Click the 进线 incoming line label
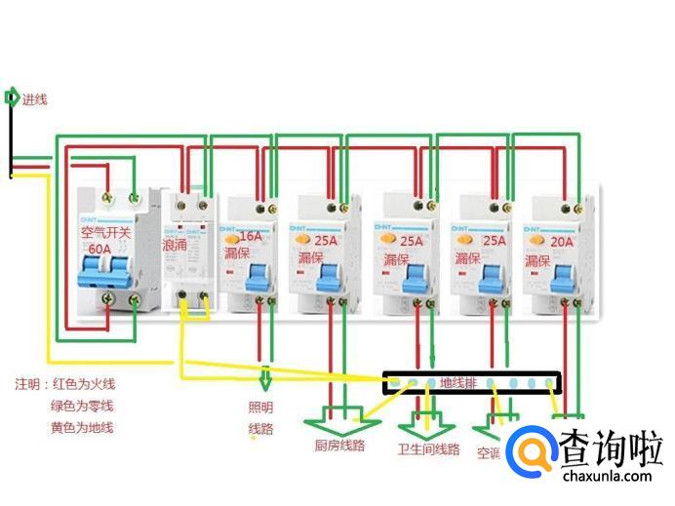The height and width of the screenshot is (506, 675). (x=35, y=98)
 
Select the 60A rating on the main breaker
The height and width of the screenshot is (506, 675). (x=101, y=251)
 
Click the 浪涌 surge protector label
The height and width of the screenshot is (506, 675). (x=176, y=244)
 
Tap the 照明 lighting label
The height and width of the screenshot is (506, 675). (x=261, y=407)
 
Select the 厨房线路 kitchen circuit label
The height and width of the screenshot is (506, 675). (x=339, y=447)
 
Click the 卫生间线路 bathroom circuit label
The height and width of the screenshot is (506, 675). (x=428, y=449)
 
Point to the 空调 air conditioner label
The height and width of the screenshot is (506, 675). (x=489, y=452)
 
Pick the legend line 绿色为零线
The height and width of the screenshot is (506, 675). (x=82, y=406)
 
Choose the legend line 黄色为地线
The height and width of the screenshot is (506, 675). (x=82, y=427)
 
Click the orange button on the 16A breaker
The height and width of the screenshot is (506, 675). (x=231, y=238)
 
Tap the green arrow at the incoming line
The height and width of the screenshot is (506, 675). (x=11, y=97)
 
